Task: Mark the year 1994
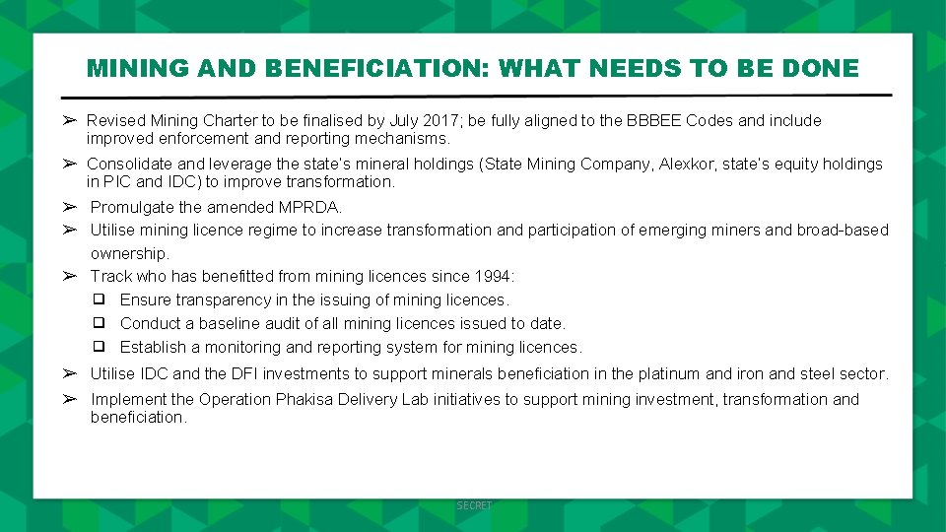(493, 277)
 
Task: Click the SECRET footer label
(474, 505)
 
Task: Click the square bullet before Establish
(100, 347)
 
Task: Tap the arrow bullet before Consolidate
(70, 164)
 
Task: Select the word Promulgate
(132, 208)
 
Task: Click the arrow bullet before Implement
(70, 399)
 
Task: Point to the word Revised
(115, 121)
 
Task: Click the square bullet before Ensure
(100, 299)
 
